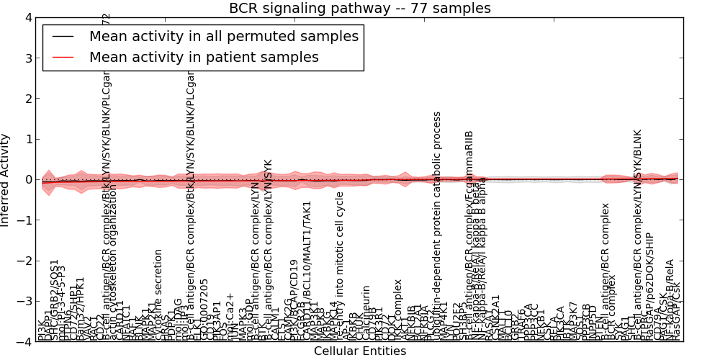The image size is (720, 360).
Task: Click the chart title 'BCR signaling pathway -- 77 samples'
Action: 360,9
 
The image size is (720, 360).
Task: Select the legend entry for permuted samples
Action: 223,36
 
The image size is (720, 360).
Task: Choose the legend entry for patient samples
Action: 204,57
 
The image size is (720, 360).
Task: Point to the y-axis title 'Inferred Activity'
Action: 6,179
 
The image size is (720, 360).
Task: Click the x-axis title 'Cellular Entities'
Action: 360,351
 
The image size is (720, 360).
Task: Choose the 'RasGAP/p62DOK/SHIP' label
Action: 649,285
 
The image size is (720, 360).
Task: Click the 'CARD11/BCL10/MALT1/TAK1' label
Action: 307,270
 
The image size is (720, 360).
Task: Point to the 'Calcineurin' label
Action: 366,312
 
